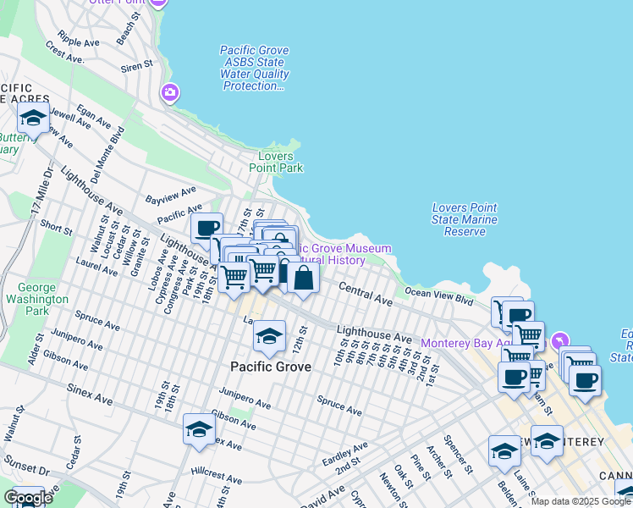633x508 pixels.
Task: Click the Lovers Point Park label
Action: coord(276,162)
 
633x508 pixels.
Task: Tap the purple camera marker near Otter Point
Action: coord(171,92)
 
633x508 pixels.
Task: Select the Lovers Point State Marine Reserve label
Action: coord(464,219)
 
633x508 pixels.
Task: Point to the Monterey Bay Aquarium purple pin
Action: coord(558,342)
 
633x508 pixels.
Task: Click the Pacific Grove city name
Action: coord(271,367)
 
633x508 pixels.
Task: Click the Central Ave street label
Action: coord(366,295)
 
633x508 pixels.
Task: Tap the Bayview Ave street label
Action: coord(170,196)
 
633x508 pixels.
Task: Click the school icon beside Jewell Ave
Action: coord(33,117)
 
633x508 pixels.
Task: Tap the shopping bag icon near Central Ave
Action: coord(303,277)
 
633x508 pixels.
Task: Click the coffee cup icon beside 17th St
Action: coord(206,228)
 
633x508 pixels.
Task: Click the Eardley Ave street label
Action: coord(345,453)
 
